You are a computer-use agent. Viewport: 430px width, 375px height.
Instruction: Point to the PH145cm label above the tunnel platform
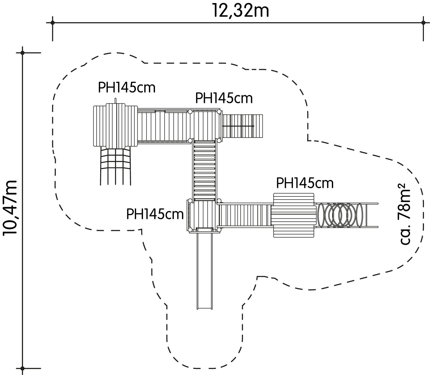coord(305,183)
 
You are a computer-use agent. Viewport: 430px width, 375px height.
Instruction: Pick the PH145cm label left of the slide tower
coord(155,214)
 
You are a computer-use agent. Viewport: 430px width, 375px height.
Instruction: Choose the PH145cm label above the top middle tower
coord(224,98)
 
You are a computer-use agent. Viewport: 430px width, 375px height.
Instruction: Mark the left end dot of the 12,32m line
coord(53,23)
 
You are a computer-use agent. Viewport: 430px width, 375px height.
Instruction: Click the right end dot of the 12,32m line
coord(423,23)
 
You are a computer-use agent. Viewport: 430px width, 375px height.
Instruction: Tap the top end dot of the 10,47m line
coord(22,53)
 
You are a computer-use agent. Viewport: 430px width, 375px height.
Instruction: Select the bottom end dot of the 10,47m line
coord(22,368)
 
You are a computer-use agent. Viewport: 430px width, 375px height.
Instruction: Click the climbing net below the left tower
coord(115,166)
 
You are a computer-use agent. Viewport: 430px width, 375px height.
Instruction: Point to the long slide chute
coord(205,269)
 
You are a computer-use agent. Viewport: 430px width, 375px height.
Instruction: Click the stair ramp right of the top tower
coord(242,126)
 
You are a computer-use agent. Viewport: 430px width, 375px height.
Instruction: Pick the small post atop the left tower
coord(115,101)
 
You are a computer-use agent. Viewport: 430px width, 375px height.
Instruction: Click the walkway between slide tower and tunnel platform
coord(245,215)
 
